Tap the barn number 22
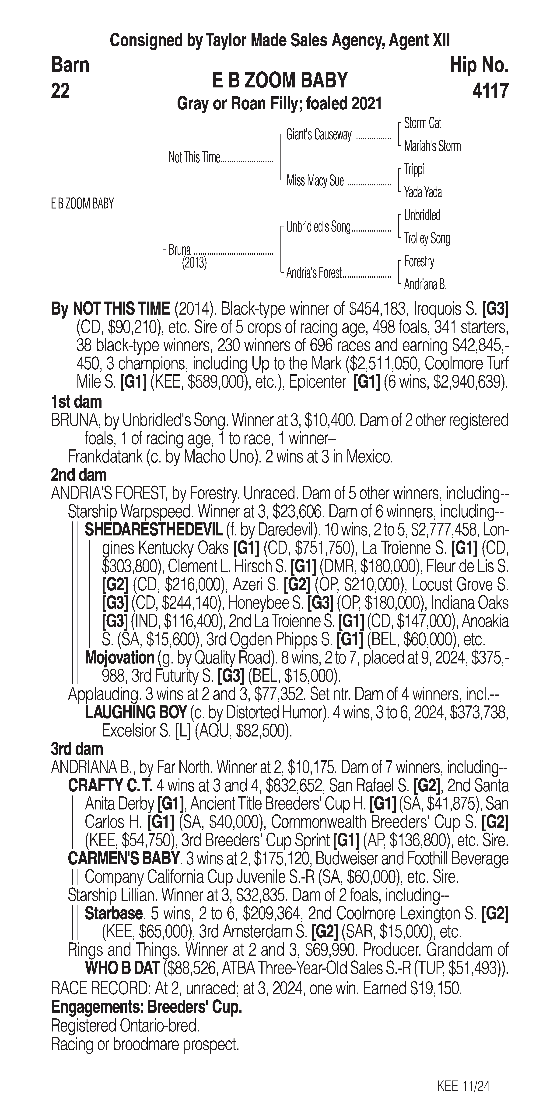60,92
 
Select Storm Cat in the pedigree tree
422,123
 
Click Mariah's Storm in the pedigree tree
432,146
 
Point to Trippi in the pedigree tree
414,169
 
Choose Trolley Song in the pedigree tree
427,238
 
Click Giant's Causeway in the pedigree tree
319,135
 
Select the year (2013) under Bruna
194,263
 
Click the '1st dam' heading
76,402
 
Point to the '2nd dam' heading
78,475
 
